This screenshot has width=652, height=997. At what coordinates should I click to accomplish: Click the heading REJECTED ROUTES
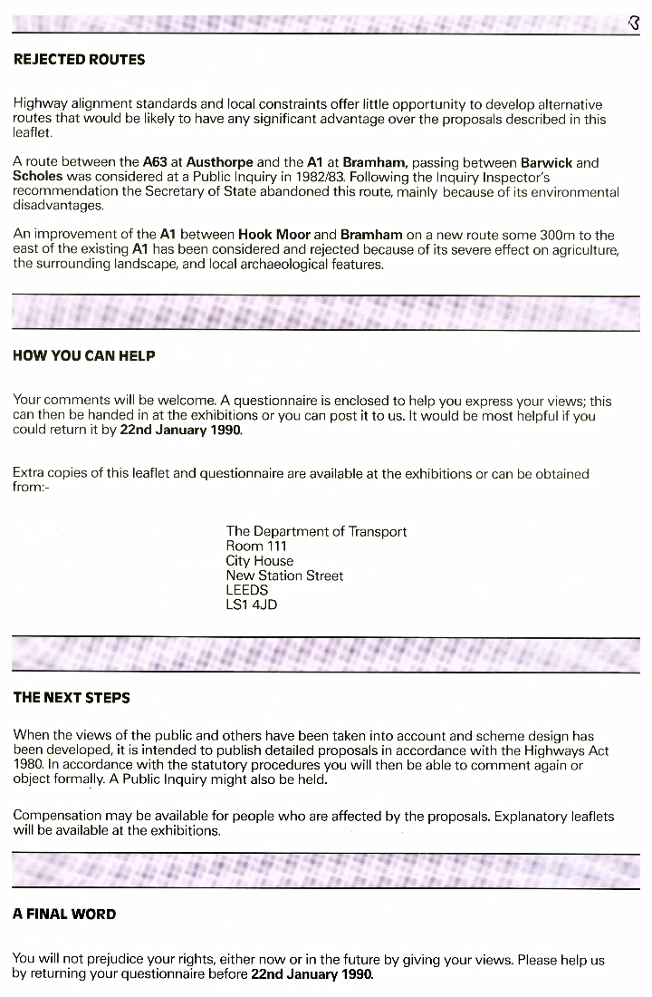pyautogui.click(x=79, y=60)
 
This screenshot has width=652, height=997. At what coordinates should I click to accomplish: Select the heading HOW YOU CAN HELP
pyautogui.click(x=83, y=356)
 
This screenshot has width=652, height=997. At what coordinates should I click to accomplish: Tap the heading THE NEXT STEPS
pyautogui.click(x=72, y=698)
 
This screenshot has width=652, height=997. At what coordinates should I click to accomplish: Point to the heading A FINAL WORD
pyautogui.click(x=64, y=915)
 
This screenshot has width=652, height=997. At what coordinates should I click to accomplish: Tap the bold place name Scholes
pyautogui.click(x=37, y=178)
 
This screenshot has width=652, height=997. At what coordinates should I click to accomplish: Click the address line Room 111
pyautogui.click(x=256, y=547)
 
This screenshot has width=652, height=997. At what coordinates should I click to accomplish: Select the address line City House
pyautogui.click(x=260, y=561)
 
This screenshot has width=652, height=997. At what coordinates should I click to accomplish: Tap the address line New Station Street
pyautogui.click(x=284, y=576)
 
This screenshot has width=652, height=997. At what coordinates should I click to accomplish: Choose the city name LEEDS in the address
pyautogui.click(x=247, y=590)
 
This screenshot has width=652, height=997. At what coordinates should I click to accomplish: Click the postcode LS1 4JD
pyautogui.click(x=252, y=605)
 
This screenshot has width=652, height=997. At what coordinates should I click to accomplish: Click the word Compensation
pyautogui.click(x=57, y=817)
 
